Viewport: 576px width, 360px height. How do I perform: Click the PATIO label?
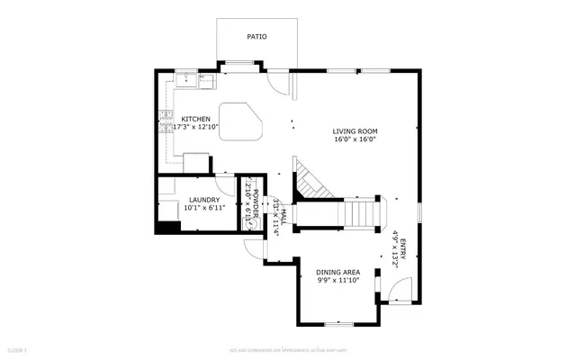point(256,37)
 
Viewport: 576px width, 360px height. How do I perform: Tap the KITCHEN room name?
point(196,119)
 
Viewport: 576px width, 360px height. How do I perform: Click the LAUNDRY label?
point(202,201)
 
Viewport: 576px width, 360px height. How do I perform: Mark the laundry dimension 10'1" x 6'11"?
point(202,209)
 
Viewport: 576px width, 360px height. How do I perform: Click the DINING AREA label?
point(337,272)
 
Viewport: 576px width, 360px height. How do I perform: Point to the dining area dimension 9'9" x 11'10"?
point(337,281)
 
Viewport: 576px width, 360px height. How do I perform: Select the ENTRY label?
point(403,247)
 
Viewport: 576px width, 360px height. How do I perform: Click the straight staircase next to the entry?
point(361,214)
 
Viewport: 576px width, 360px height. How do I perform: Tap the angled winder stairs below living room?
point(312,183)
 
